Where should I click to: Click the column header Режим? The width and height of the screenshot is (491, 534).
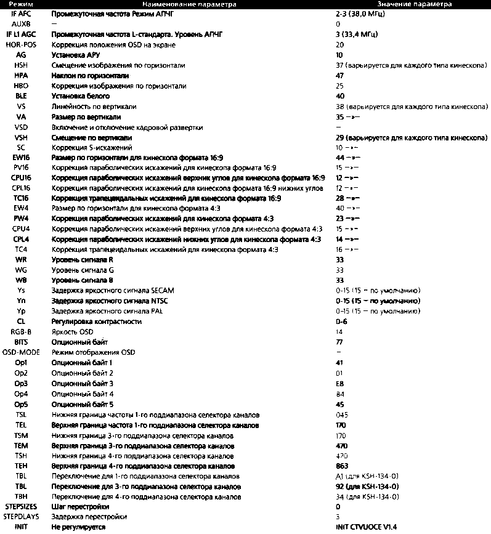pyautogui.click(x=21, y=4)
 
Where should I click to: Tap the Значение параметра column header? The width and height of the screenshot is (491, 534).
pyautogui.click(x=415, y=4)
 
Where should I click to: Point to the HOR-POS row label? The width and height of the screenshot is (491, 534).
pyautogui.click(x=21, y=44)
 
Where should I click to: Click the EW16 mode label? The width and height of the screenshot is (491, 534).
pyautogui.click(x=21, y=157)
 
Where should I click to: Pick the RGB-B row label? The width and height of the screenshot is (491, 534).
pyautogui.click(x=21, y=331)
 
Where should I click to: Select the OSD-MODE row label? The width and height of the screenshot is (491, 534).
pyautogui.click(x=21, y=352)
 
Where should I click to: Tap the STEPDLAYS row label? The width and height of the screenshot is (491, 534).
pyautogui.click(x=21, y=517)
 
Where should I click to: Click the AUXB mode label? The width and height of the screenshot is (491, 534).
pyautogui.click(x=21, y=23)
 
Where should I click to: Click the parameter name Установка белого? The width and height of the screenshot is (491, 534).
pyautogui.click(x=81, y=96)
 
